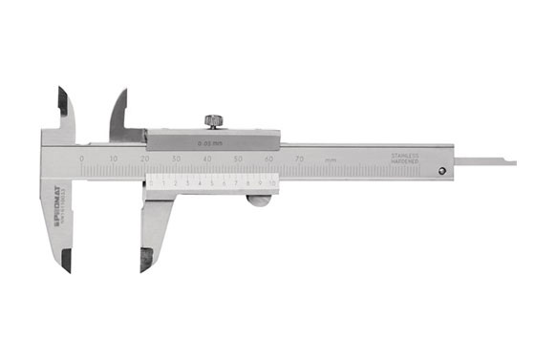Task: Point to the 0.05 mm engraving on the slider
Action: click(x=210, y=142)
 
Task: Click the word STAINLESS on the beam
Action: click(x=405, y=155)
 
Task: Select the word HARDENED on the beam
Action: click(x=405, y=162)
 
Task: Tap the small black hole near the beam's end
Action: click(x=441, y=172)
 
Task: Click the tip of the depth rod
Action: click(x=513, y=163)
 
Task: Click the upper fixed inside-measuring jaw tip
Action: click(x=60, y=92)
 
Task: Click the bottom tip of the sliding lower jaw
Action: click(x=143, y=267)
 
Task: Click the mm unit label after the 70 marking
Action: click(x=330, y=159)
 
